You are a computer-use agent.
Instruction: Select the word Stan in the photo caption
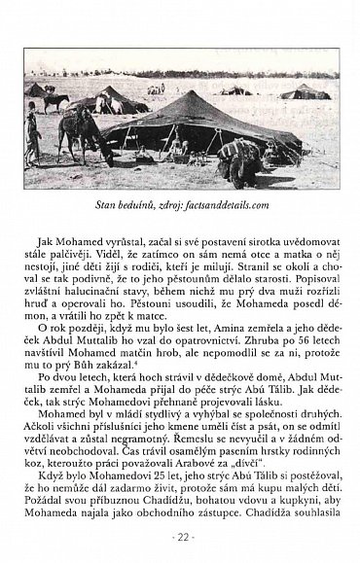(x=120, y=205)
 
